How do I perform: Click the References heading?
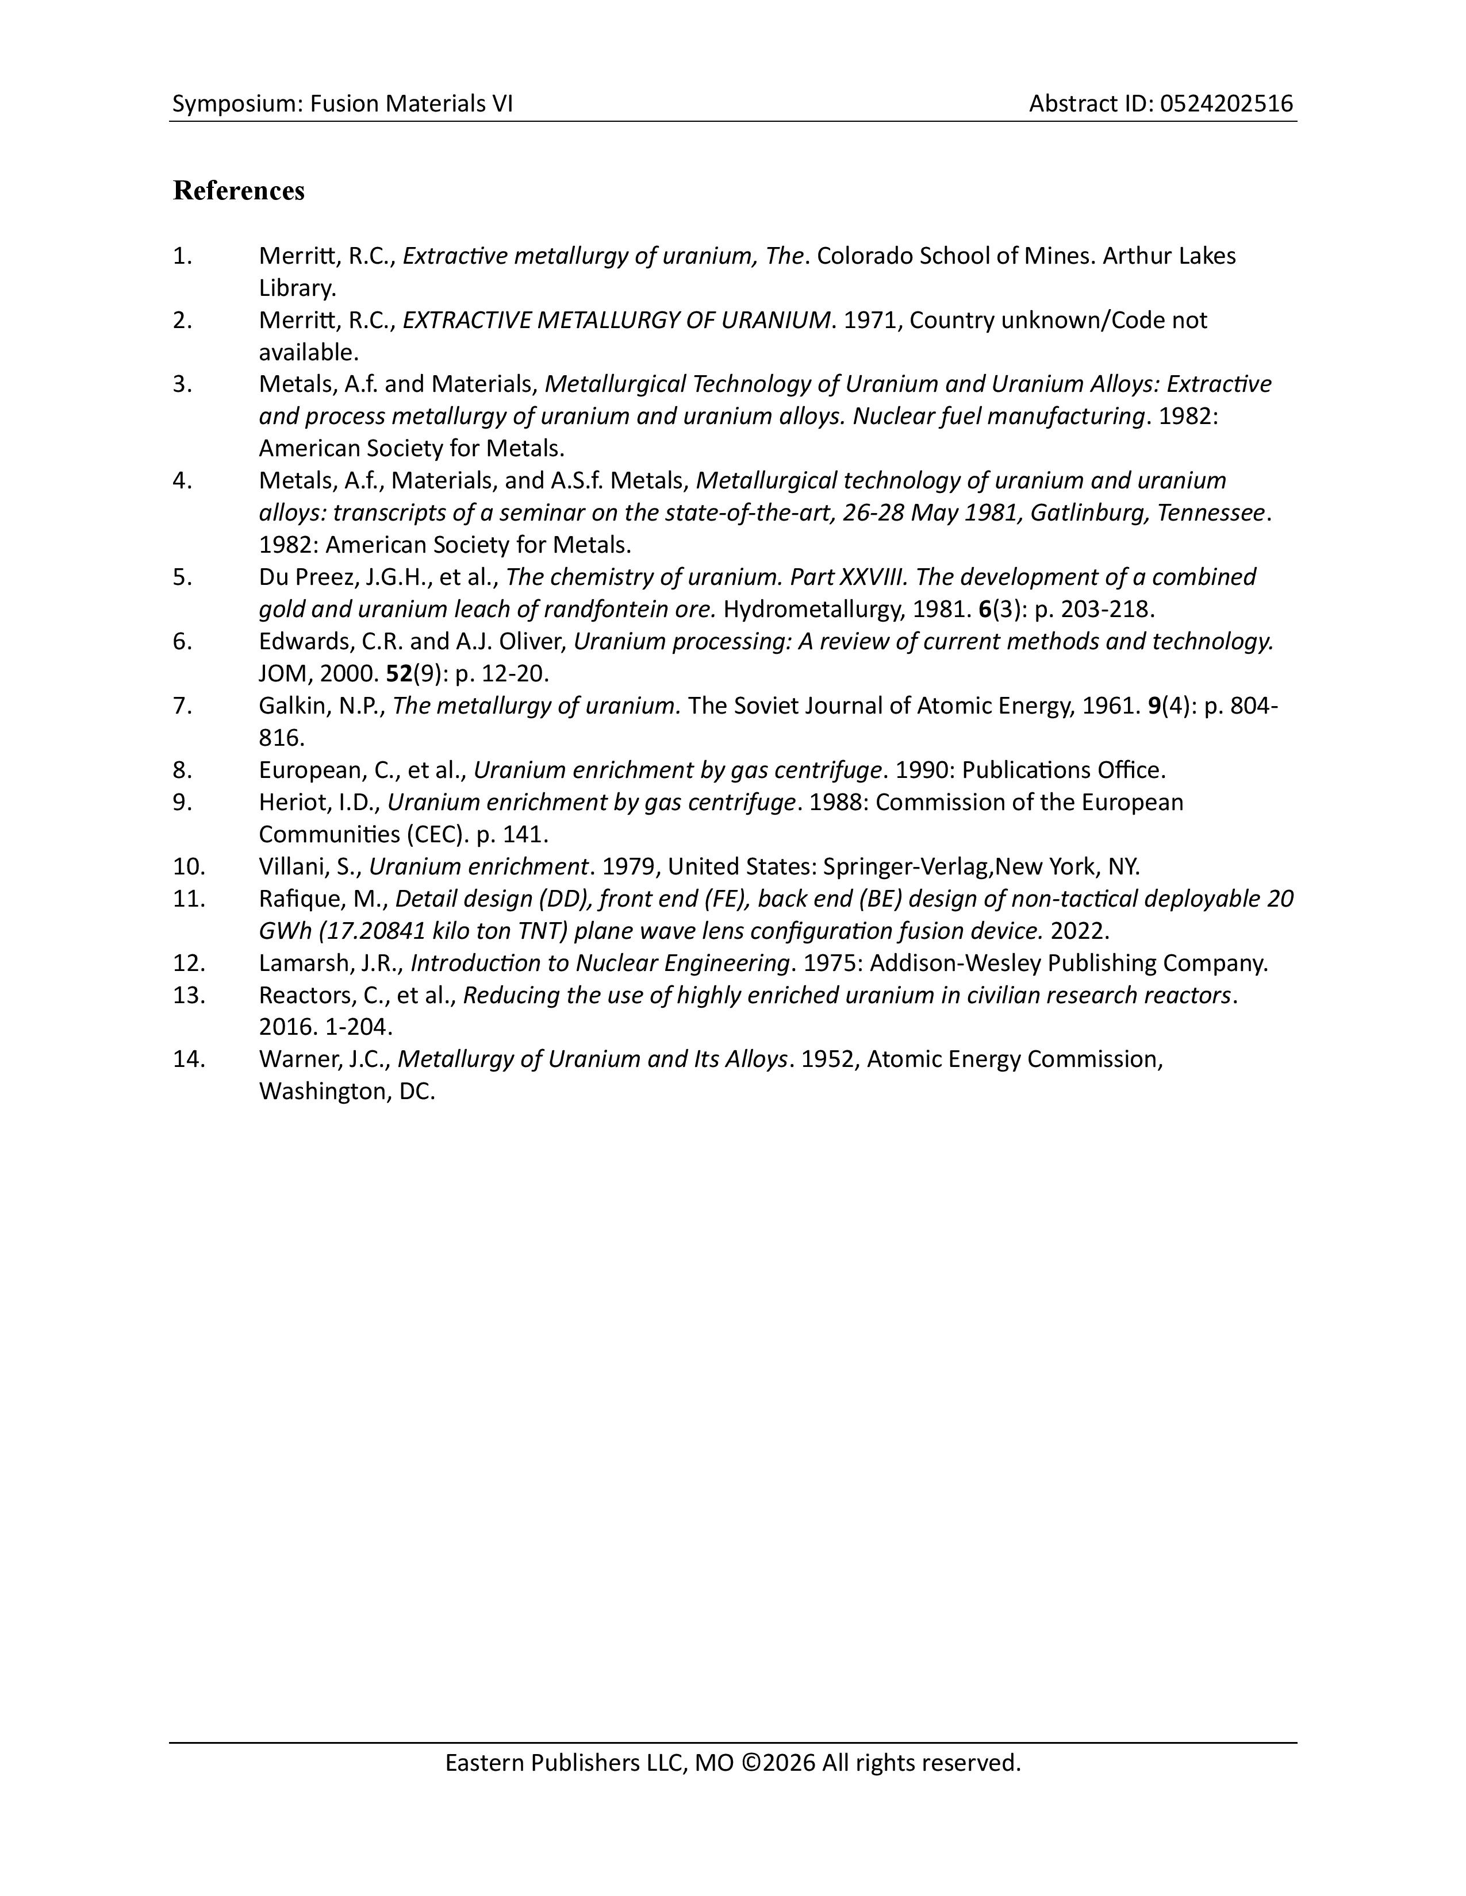(x=238, y=191)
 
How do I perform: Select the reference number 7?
(x=182, y=706)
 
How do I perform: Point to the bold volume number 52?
(x=398, y=674)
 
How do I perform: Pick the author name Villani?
(x=289, y=866)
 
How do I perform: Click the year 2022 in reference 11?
(x=1079, y=931)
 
